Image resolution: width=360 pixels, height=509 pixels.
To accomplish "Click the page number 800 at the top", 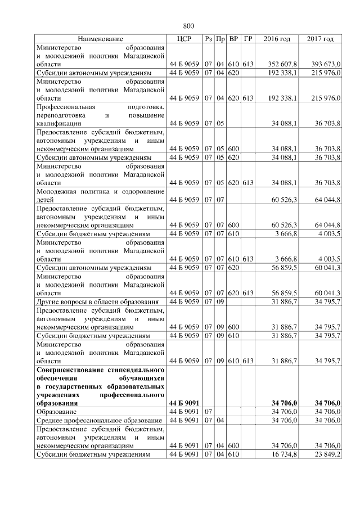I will (188, 26).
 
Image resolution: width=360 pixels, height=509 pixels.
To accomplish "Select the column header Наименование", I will (101, 39).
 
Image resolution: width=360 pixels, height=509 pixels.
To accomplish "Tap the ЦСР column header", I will (184, 39).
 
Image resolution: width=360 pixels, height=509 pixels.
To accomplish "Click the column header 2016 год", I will (277, 39).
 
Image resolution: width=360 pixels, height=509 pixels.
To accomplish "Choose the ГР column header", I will (249, 39).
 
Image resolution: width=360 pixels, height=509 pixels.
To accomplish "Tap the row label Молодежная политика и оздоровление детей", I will (100, 195).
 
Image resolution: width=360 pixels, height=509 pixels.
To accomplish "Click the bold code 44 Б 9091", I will (184, 403).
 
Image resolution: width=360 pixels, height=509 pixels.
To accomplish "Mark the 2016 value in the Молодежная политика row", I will (285, 200).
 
